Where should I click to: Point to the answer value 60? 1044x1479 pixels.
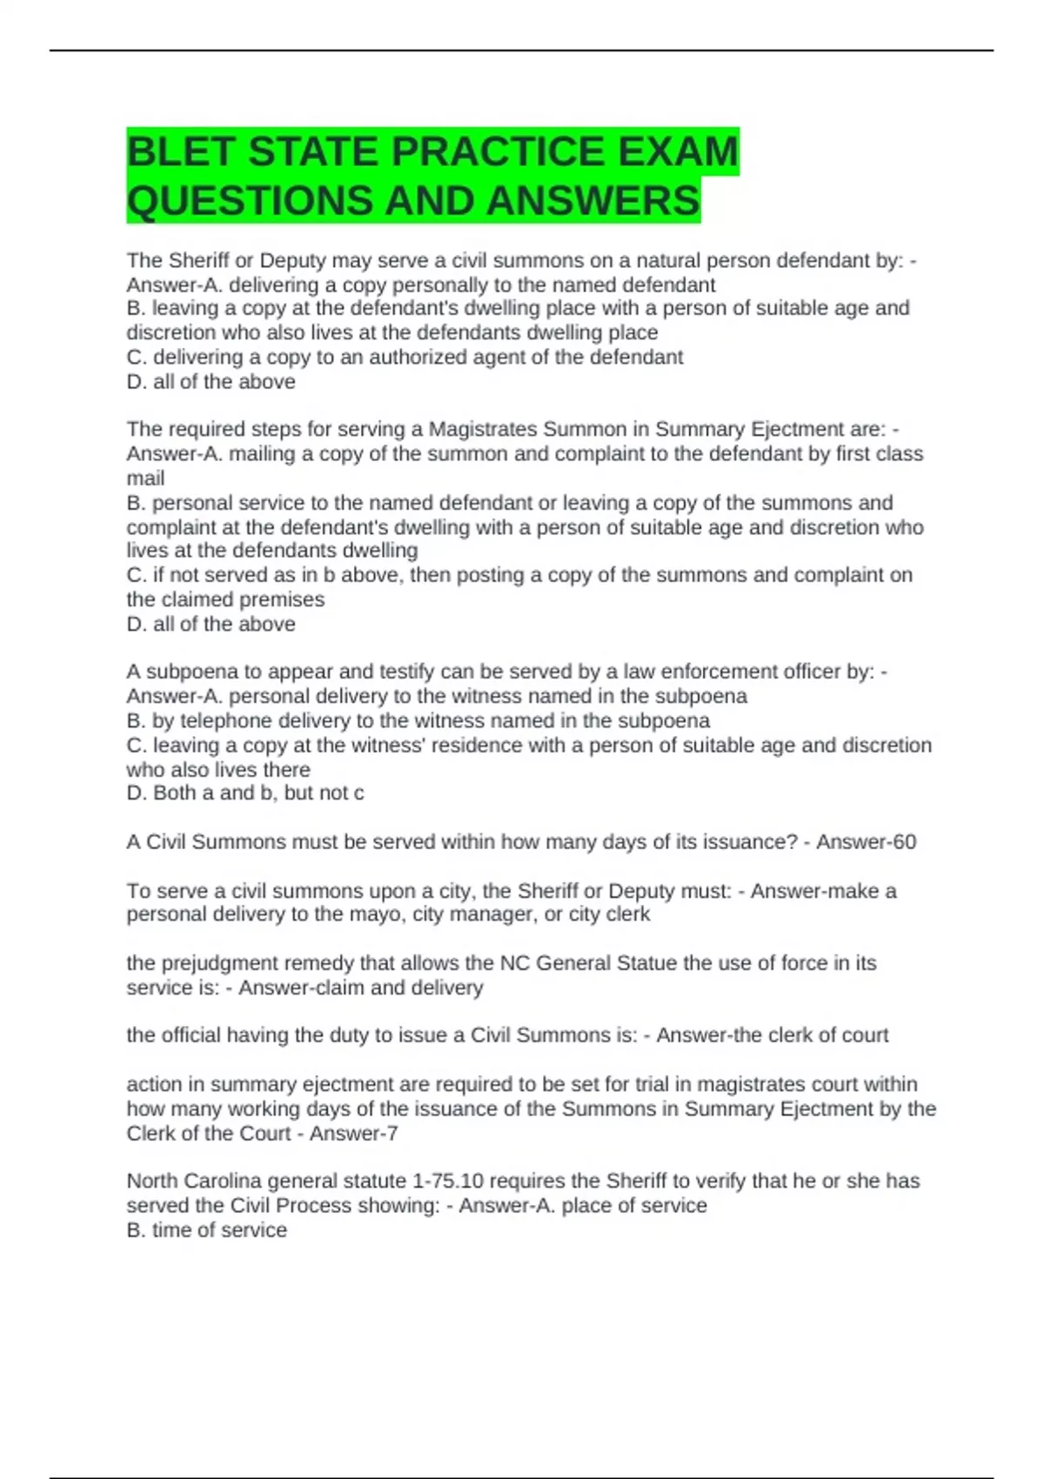pos(904,842)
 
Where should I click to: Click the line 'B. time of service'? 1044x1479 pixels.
pos(206,1230)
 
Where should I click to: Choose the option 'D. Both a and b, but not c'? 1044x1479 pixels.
pos(244,793)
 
